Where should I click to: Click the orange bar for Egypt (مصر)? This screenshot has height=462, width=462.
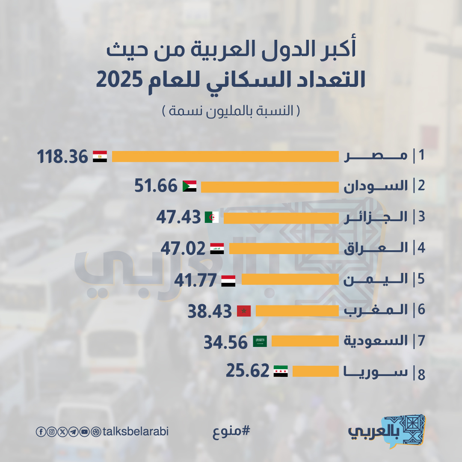click(225, 157)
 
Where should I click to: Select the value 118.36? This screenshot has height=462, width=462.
click(62, 157)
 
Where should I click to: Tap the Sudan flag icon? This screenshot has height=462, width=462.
click(190, 186)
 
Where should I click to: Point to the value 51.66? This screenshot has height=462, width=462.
click(156, 186)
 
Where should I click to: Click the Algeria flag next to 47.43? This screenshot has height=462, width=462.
click(212, 217)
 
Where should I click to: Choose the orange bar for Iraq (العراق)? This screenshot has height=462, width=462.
click(284, 249)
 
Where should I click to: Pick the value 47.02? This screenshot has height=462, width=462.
click(183, 249)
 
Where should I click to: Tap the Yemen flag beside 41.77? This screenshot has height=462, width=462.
click(228, 281)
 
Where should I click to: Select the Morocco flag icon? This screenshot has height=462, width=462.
click(244, 311)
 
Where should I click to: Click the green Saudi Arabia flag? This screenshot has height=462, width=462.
click(260, 341)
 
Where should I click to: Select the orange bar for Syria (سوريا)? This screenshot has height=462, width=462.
click(315, 371)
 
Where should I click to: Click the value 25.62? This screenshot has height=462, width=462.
click(248, 371)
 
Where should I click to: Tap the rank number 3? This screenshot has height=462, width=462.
click(421, 217)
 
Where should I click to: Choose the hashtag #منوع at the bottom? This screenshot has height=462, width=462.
click(231, 432)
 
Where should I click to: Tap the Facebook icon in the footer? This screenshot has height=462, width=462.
click(40, 432)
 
